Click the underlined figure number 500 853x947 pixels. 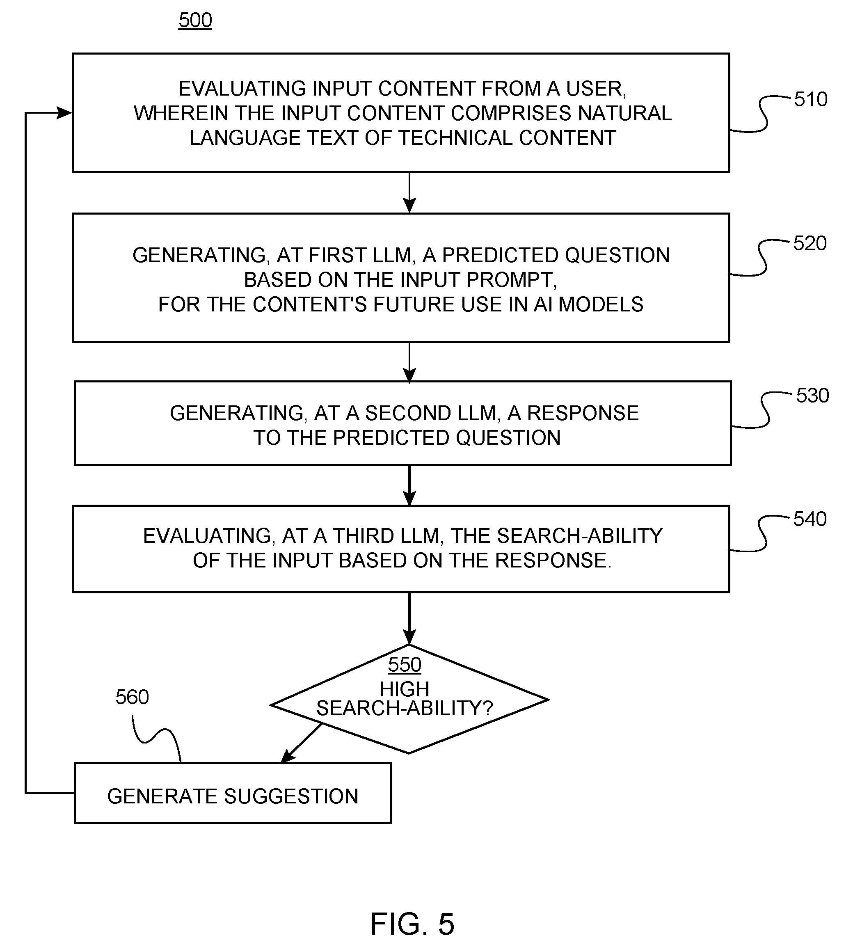click(x=195, y=21)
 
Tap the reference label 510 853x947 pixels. click(x=810, y=99)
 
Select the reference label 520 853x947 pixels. click(x=810, y=243)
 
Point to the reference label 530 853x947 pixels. click(x=812, y=396)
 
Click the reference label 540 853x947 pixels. click(x=810, y=519)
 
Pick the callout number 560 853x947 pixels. click(x=132, y=697)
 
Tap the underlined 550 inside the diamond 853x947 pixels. click(x=405, y=664)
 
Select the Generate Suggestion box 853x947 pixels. click(x=233, y=793)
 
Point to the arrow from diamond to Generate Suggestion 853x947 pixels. click(x=302, y=743)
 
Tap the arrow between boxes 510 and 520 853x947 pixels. click(x=409, y=192)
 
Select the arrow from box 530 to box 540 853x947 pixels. click(x=409, y=485)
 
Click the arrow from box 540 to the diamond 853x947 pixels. click(x=409, y=618)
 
